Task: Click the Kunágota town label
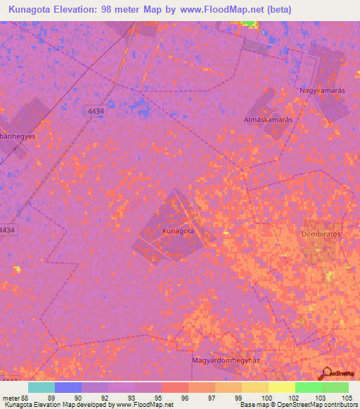pyautogui.click(x=178, y=231)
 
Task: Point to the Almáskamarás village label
pyautogui.click(x=267, y=119)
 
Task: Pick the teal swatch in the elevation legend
pyautogui.click(x=41, y=387)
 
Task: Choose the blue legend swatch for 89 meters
pyautogui.click(x=67, y=387)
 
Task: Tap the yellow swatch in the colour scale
pyautogui.click(x=281, y=387)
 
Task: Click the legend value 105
pyautogui.click(x=345, y=398)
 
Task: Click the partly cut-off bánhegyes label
pyautogui.click(x=18, y=137)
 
